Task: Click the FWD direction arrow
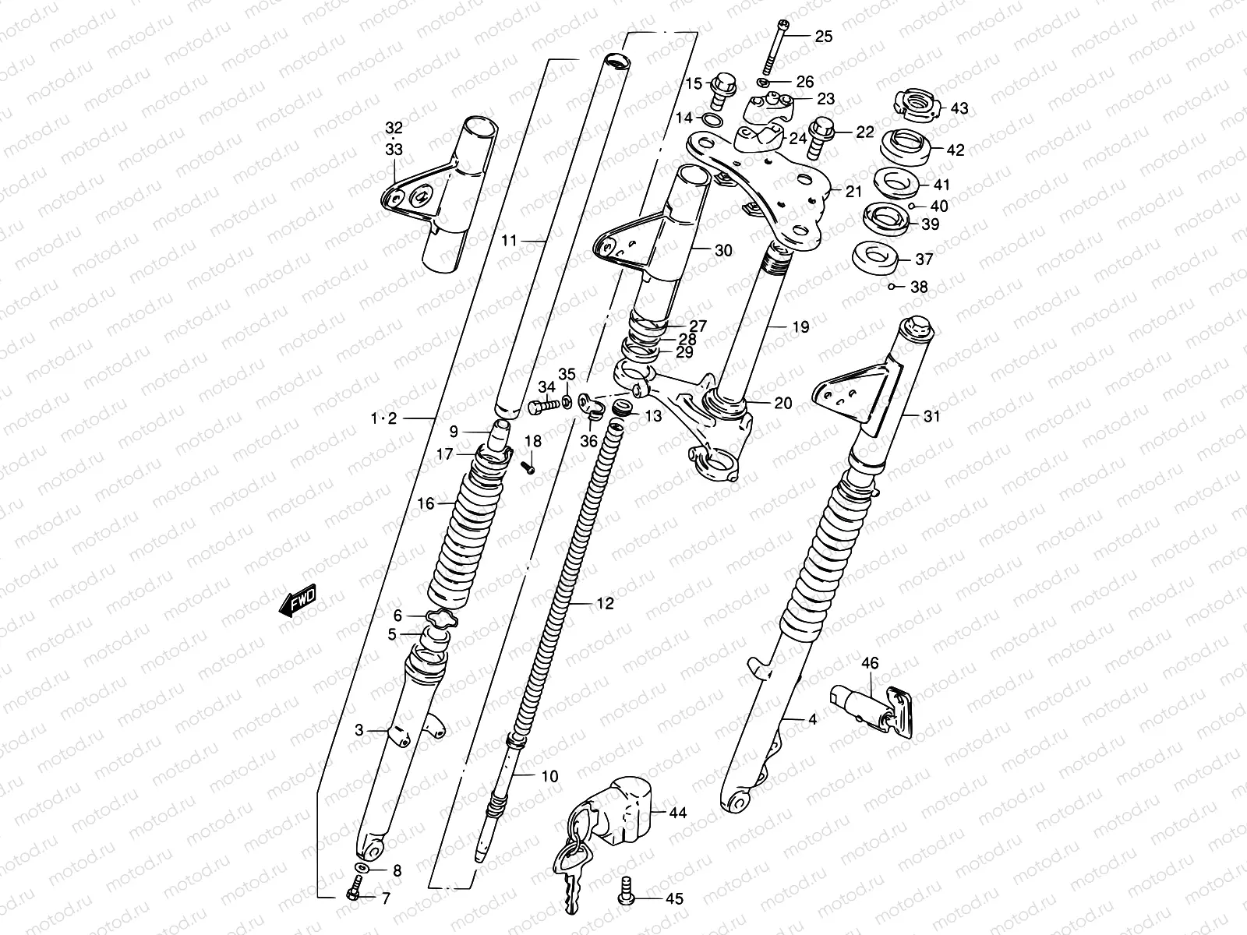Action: coord(297,602)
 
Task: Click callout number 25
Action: coord(824,37)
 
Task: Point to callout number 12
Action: coord(605,603)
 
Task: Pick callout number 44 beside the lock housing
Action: coord(678,813)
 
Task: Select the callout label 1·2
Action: coord(383,419)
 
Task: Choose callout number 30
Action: coord(723,250)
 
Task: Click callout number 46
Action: coord(870,663)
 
